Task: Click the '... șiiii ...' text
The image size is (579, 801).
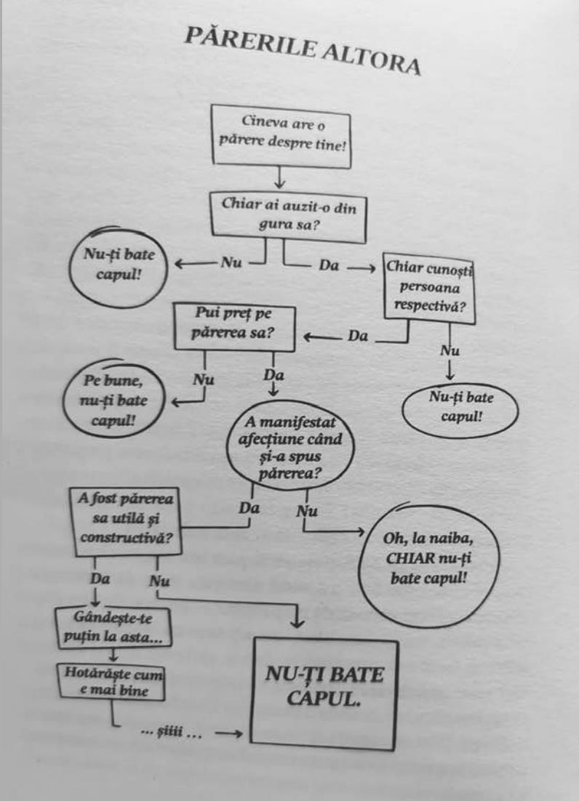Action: pyautogui.click(x=170, y=734)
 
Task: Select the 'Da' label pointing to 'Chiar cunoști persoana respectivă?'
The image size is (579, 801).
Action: pyautogui.click(x=329, y=267)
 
